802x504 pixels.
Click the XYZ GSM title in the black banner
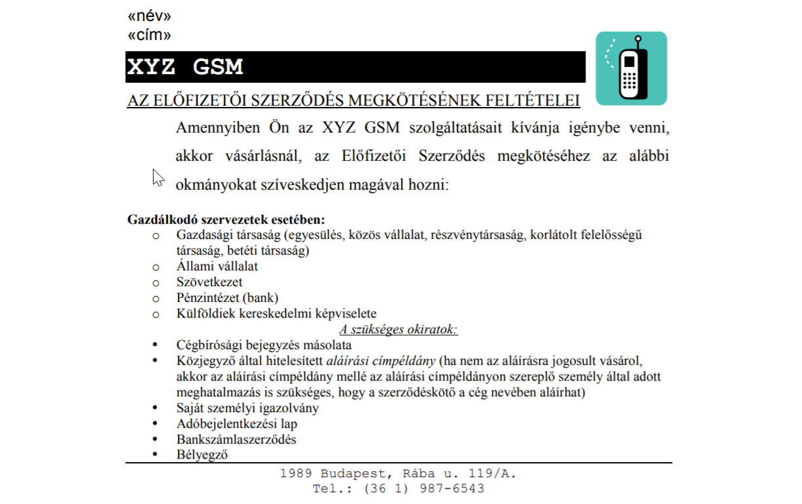(184, 67)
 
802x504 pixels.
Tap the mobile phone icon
(631, 68)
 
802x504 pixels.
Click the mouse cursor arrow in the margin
(158, 177)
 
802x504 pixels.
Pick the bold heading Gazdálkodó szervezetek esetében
(226, 220)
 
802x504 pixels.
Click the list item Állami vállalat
(217, 266)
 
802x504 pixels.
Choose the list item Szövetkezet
(209, 282)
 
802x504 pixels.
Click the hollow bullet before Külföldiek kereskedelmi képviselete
(156, 314)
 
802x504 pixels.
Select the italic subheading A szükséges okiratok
(398, 329)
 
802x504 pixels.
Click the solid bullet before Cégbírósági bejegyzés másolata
(155, 345)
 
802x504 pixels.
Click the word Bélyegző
(201, 454)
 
